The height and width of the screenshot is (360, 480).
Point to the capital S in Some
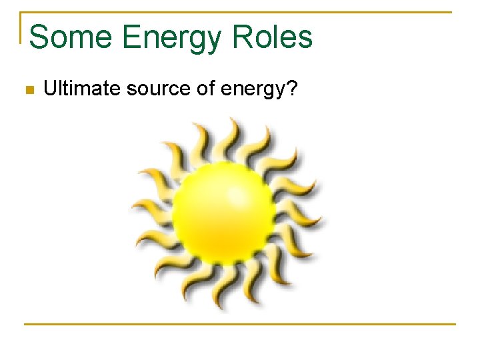click(39, 37)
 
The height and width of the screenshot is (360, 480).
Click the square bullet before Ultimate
click(28, 89)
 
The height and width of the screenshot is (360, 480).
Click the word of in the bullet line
click(188, 89)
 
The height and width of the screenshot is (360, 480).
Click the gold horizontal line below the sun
click(240, 324)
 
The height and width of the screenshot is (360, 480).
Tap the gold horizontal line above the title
click(240, 12)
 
